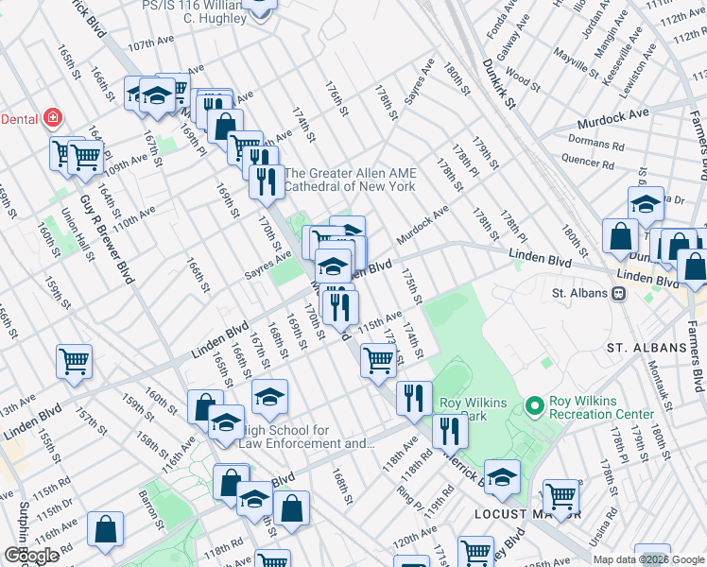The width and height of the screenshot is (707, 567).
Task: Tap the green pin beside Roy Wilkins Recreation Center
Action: [x=535, y=406]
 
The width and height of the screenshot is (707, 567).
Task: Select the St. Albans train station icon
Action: [x=619, y=293]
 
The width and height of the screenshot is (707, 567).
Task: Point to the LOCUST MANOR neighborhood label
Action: [x=514, y=514]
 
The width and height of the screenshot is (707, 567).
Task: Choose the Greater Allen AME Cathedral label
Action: [x=350, y=180]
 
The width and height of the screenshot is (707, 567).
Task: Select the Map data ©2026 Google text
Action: [x=648, y=559]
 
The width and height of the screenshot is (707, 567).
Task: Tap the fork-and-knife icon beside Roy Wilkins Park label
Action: [x=413, y=398]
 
